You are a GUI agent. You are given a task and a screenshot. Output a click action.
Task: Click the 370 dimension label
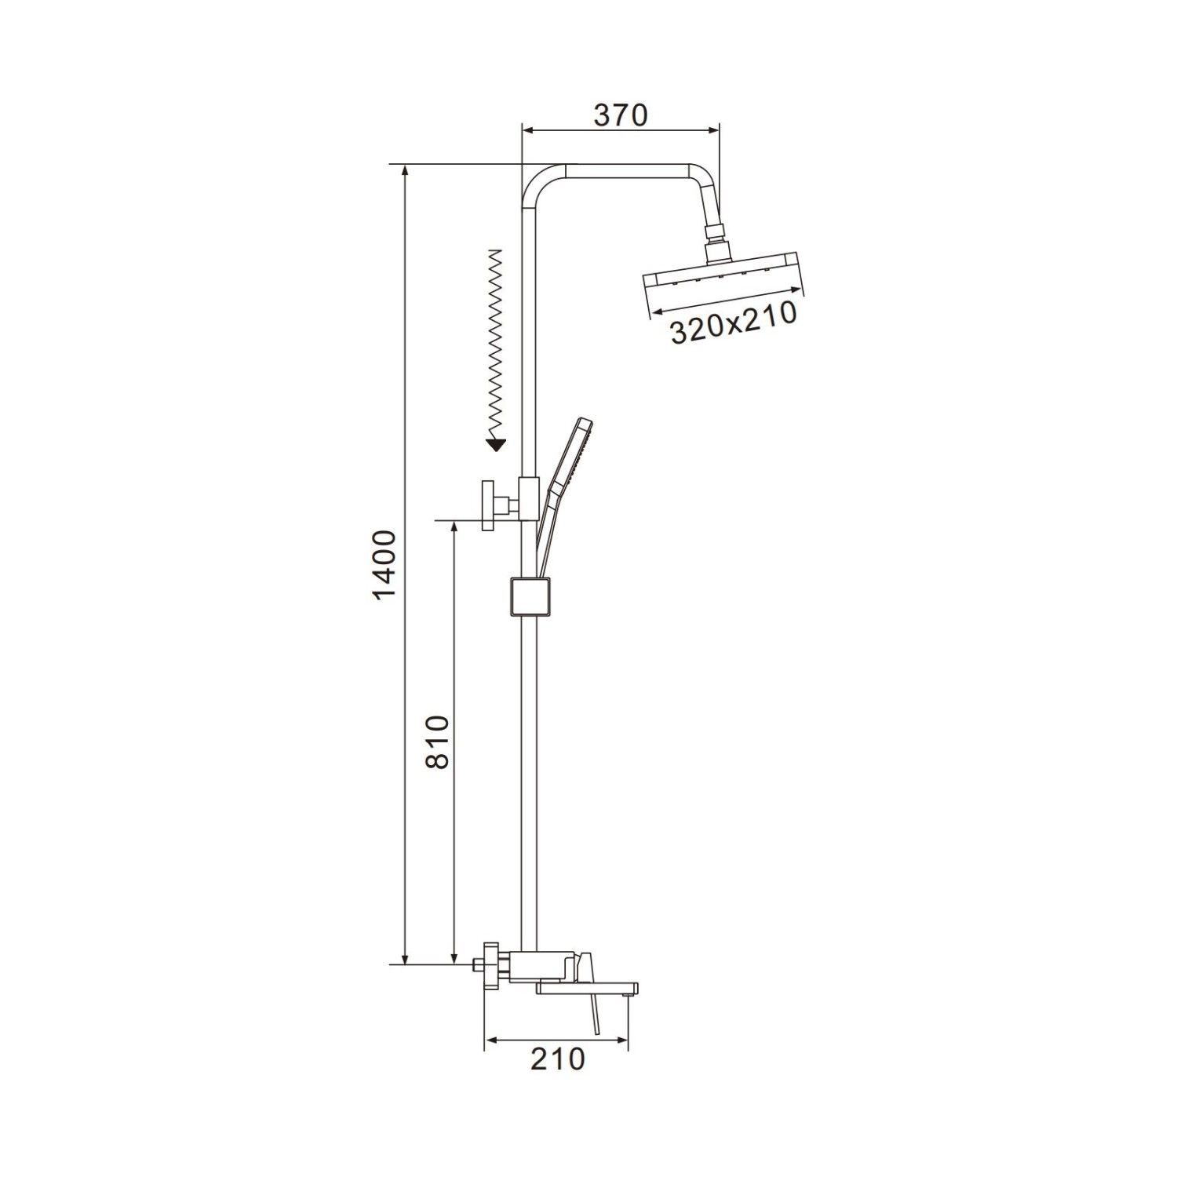tap(620, 115)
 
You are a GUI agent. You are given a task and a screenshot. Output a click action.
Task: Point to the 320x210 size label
tap(734, 324)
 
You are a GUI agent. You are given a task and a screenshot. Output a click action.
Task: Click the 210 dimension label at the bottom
tap(558, 1059)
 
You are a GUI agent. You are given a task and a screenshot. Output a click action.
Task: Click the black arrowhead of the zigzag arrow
tap(495, 446)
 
